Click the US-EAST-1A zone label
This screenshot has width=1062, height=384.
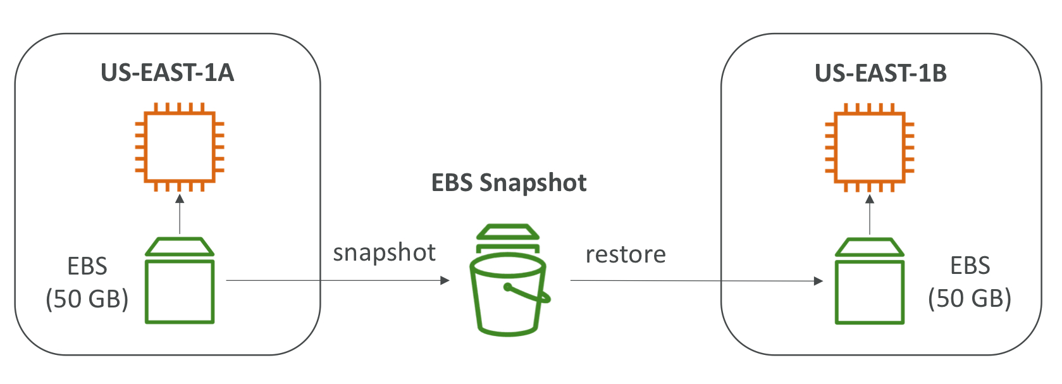point(168,73)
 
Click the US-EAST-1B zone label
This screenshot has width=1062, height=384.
point(880,73)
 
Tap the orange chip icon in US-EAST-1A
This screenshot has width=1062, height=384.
point(180,147)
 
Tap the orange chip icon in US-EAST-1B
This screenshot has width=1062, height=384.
point(870,147)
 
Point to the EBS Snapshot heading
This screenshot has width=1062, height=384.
point(509,183)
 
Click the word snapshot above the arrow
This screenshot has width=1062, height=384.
point(384,252)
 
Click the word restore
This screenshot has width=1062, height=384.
point(626,254)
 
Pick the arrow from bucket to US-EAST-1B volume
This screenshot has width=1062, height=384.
point(696,281)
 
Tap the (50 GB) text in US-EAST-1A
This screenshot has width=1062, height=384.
point(87,299)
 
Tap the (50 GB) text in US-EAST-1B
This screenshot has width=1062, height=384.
point(970,298)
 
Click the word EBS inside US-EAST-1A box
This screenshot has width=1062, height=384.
point(87,266)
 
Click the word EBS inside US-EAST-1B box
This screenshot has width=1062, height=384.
point(970,266)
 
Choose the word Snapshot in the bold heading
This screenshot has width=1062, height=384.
point(533,183)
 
